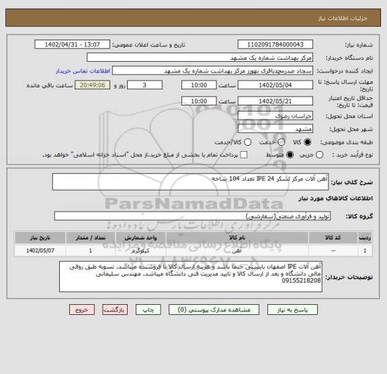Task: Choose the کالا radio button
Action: (x=308, y=142)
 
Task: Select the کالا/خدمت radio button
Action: (x=249, y=142)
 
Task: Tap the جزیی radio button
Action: (x=320, y=155)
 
